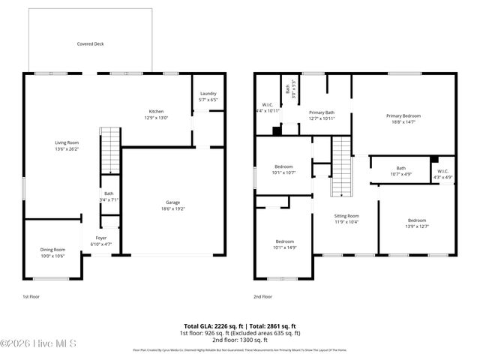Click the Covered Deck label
(x=90, y=44)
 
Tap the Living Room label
(x=67, y=142)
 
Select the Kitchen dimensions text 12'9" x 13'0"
(x=157, y=117)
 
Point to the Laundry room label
(x=208, y=94)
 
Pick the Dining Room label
(x=52, y=249)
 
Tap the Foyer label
(x=101, y=238)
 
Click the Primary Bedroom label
(x=403, y=115)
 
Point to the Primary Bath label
(x=321, y=112)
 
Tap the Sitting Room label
(x=346, y=215)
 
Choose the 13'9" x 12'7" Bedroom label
(x=416, y=220)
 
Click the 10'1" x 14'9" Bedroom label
(x=283, y=241)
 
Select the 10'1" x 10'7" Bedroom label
(x=283, y=166)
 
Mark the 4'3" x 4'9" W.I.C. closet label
(x=442, y=172)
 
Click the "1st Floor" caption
(x=31, y=297)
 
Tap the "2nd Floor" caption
(x=263, y=297)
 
